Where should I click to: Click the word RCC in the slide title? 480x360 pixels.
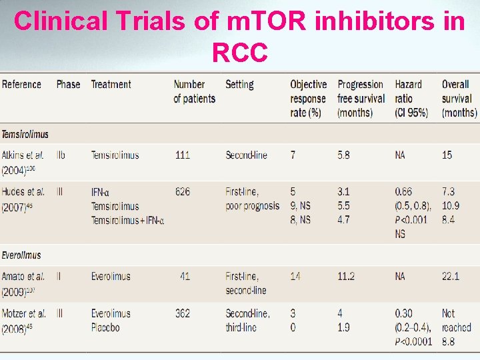click(240, 52)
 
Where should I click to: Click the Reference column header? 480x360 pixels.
click(21, 85)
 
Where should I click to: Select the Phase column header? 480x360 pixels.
click(68, 85)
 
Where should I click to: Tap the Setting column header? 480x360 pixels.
click(239, 85)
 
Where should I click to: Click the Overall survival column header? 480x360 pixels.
click(459, 99)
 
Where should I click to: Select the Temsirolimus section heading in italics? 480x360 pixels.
click(25, 134)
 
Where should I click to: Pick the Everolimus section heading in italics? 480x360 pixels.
click(21, 255)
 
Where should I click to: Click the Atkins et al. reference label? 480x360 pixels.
click(23, 155)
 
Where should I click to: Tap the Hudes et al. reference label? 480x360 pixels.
click(23, 192)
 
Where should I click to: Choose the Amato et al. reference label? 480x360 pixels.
click(23, 277)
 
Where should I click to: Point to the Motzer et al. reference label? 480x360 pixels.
click(24, 313)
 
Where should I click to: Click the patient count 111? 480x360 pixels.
click(182, 155)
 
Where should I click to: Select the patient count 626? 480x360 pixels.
click(182, 192)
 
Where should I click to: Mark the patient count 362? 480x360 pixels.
click(182, 313)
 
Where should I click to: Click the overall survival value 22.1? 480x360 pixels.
click(451, 277)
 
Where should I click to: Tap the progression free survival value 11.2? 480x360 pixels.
click(346, 277)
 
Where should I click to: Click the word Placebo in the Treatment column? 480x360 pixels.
click(107, 327)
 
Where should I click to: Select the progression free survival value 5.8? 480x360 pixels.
click(343, 155)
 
